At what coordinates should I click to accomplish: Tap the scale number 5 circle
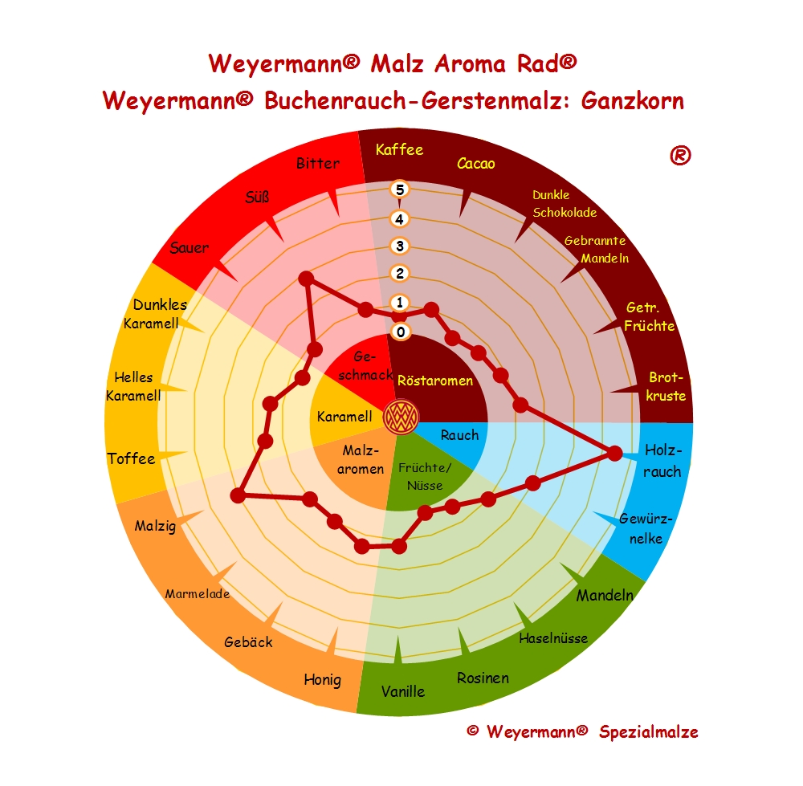tap(400, 189)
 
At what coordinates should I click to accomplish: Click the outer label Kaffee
tap(399, 149)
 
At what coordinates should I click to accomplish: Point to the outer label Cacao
tap(476, 164)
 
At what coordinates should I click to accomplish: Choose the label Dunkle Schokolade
tap(565, 204)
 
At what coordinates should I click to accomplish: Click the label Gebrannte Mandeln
tap(595, 249)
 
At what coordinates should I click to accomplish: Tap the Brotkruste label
tap(666, 386)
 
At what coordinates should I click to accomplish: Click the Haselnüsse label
tap(553, 639)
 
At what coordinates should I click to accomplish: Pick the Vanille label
tap(403, 690)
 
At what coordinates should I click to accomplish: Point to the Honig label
tap(322, 679)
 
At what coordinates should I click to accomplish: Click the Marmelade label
tap(198, 594)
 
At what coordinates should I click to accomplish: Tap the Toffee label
tap(131, 458)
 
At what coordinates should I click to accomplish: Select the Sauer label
tap(190, 247)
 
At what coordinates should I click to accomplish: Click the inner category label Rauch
tap(459, 435)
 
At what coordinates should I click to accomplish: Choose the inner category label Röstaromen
tap(435, 381)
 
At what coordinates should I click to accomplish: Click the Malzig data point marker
tap(238, 495)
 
